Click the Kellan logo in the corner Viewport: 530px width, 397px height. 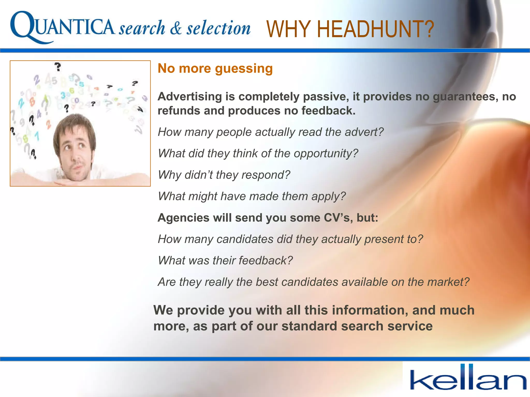click(x=468, y=378)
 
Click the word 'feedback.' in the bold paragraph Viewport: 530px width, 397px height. click(x=328, y=111)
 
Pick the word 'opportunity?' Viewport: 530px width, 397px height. click(x=326, y=154)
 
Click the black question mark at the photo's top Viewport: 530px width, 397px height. click(x=58, y=67)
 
